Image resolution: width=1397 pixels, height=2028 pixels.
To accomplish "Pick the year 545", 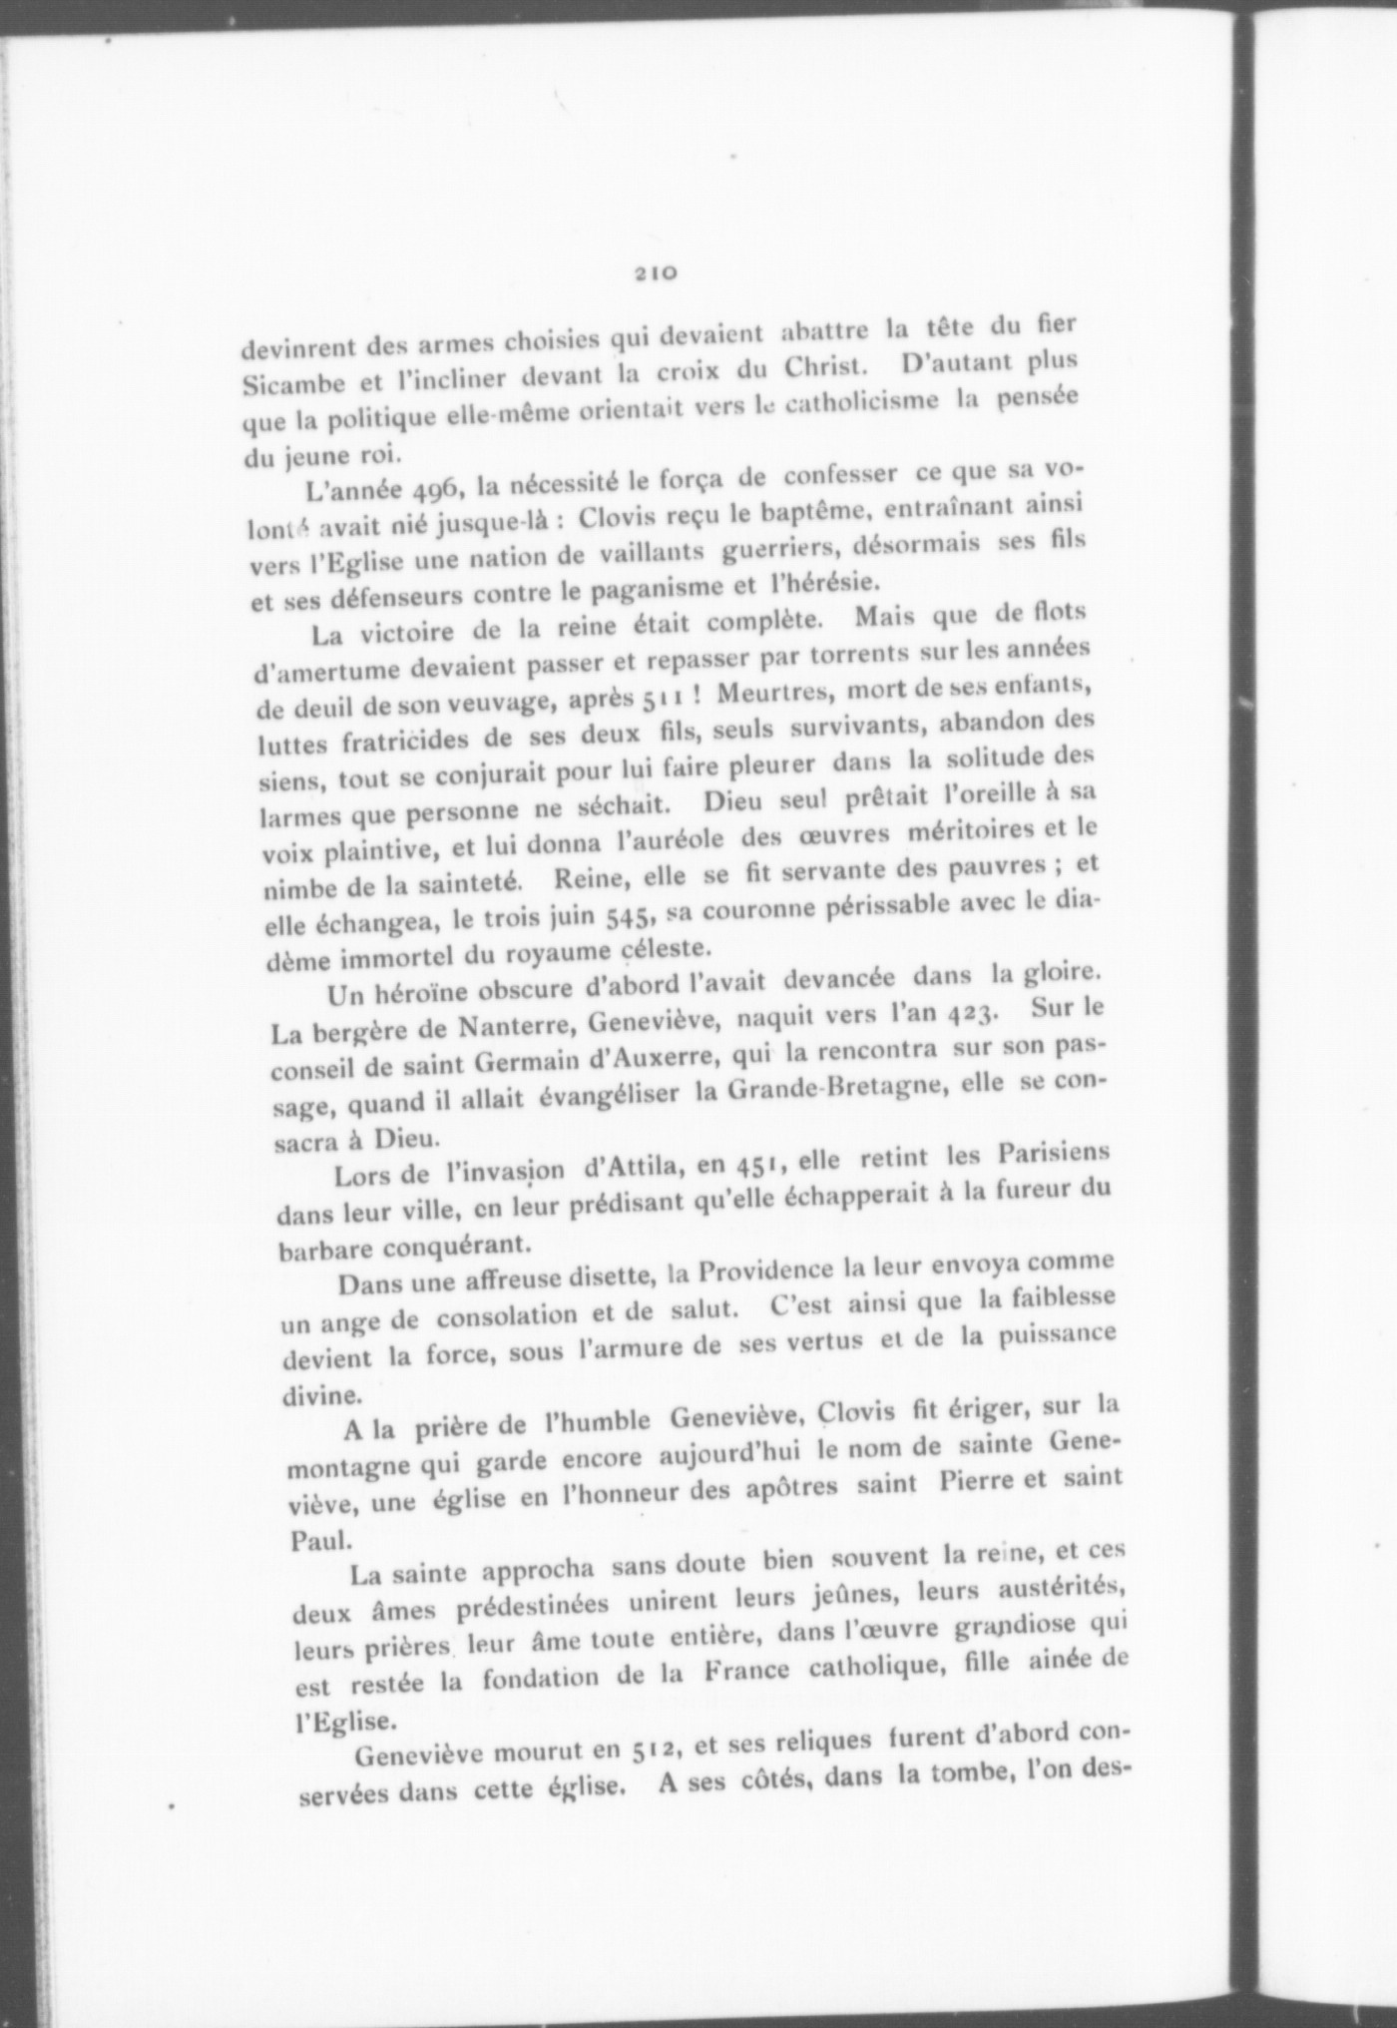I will pyautogui.click(x=629, y=914).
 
